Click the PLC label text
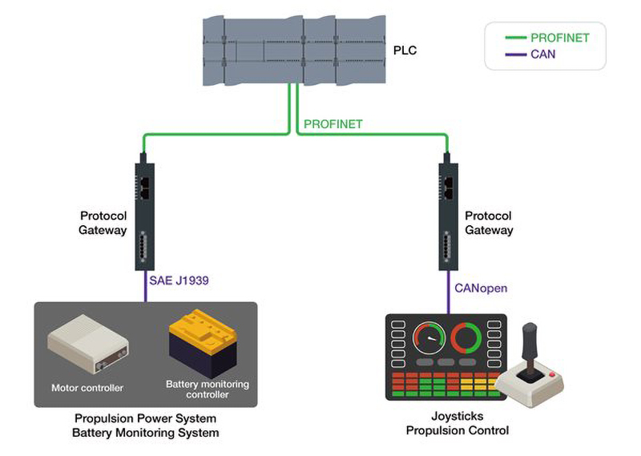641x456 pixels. (405, 51)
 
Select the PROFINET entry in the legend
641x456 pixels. (559, 38)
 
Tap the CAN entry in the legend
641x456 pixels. (542, 54)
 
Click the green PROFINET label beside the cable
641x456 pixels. (333, 124)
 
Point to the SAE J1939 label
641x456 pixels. (178, 281)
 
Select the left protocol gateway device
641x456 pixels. (144, 216)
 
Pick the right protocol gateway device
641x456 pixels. (448, 216)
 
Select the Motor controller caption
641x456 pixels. (87, 388)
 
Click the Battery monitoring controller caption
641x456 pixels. (208, 389)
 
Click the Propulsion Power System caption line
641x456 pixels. (145, 418)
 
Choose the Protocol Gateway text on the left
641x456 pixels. (103, 223)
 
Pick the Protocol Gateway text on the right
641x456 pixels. (489, 223)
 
